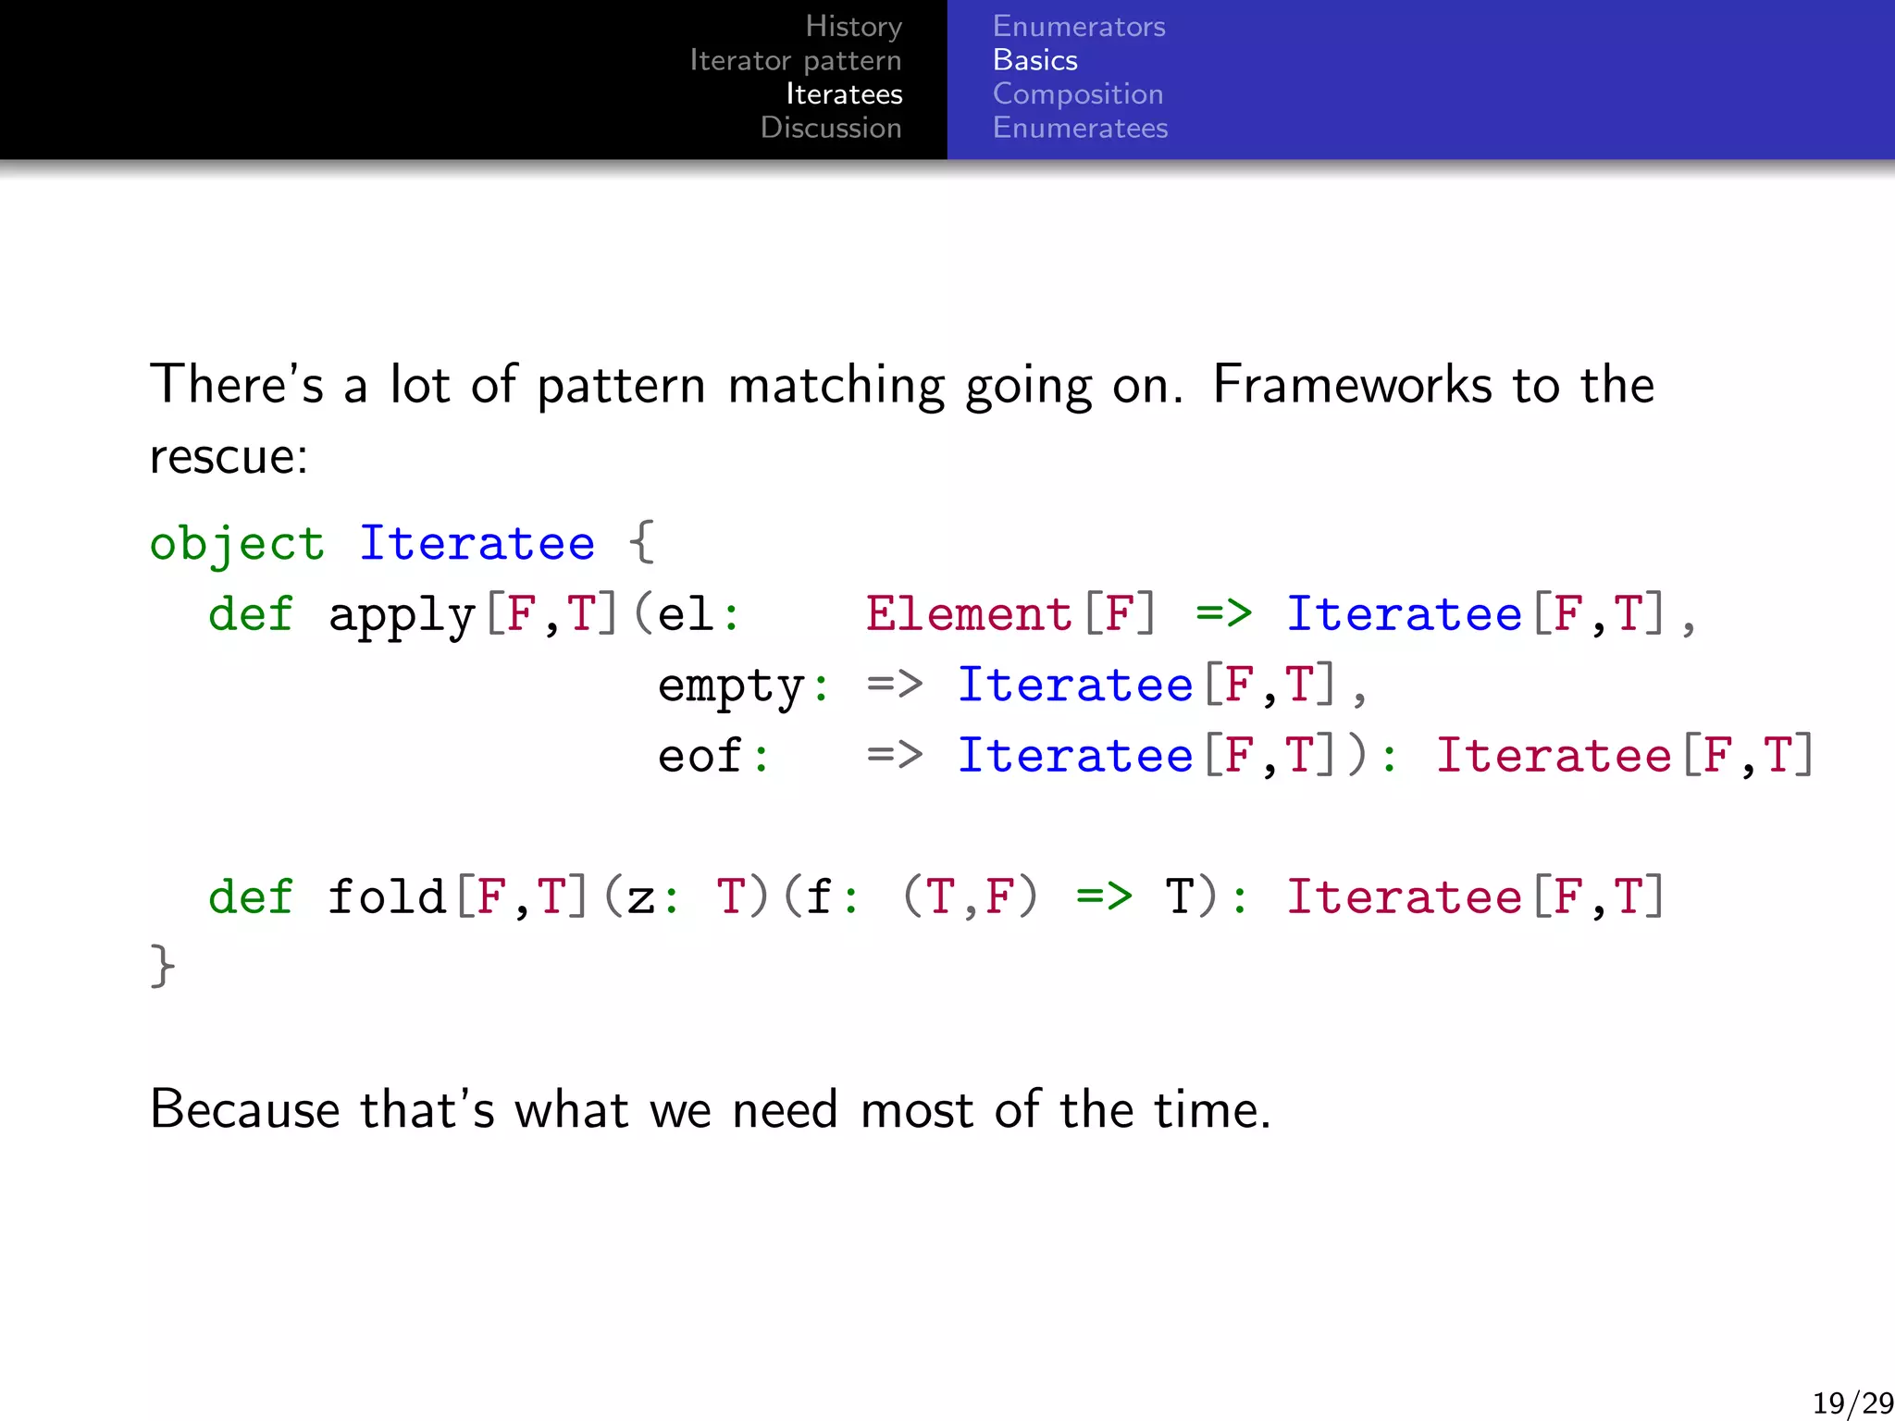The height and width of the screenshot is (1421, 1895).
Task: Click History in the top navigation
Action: pos(853,27)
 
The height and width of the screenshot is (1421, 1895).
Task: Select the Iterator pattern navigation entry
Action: pos(795,61)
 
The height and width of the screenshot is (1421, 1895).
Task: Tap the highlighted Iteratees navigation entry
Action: pos(843,94)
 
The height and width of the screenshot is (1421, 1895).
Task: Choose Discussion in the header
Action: pos(830,128)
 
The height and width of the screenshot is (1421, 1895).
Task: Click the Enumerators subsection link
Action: pos(1078,27)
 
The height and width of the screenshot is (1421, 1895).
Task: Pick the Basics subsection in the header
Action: pos(1034,61)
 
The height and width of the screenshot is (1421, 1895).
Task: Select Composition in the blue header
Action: pos(1077,94)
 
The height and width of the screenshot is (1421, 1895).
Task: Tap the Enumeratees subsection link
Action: pos(1080,128)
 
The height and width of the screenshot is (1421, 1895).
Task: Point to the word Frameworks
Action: pos(1352,385)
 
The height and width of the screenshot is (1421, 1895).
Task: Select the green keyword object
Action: pos(237,544)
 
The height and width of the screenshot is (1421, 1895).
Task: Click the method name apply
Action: pos(402,615)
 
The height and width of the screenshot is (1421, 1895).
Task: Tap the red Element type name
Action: pos(968,614)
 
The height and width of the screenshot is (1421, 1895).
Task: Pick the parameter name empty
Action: pos(731,686)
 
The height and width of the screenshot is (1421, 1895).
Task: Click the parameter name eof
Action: pos(700,756)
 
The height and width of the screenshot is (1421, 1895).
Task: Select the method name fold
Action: pos(387,896)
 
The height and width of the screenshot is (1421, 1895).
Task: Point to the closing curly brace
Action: pos(162,967)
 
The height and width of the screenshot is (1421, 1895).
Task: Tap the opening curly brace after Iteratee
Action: pos(641,543)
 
